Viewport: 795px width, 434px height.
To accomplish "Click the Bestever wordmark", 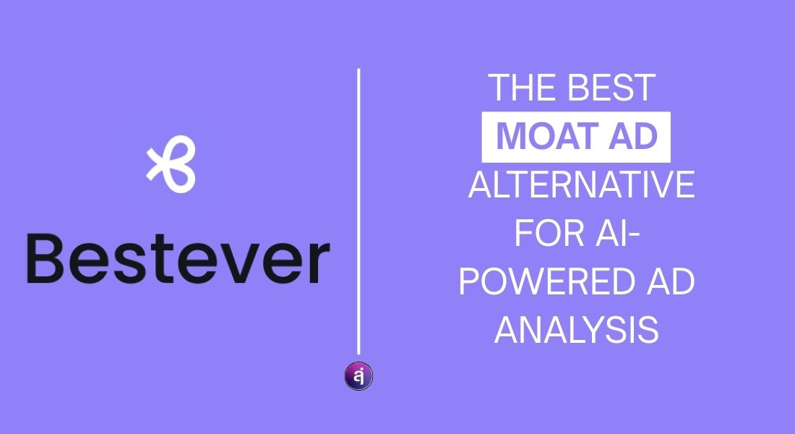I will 177,259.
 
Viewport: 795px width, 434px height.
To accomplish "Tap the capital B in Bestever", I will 46,259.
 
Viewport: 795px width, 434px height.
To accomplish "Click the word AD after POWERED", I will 669,283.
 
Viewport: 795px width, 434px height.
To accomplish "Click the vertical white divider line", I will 358,210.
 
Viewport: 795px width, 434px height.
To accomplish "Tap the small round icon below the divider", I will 358,377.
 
